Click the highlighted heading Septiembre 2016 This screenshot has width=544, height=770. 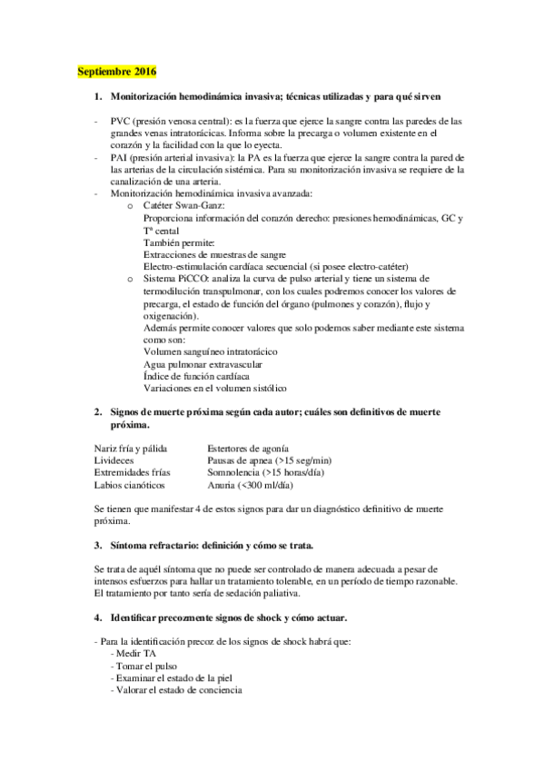click(116, 71)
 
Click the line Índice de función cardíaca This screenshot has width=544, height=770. click(196, 375)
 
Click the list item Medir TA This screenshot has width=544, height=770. click(131, 654)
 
